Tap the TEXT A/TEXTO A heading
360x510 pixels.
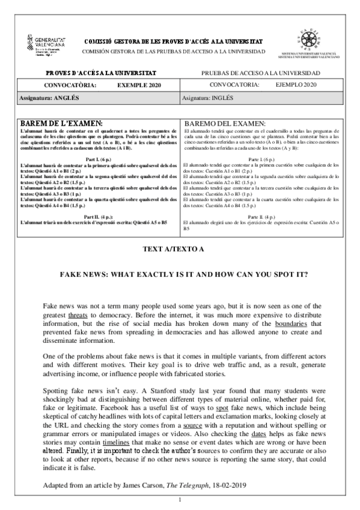180,248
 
